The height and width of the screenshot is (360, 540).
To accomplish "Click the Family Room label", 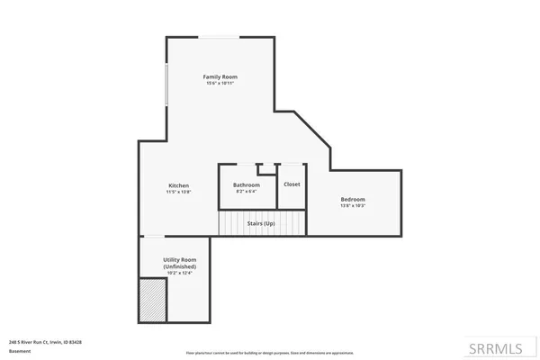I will pyautogui.click(x=220, y=76).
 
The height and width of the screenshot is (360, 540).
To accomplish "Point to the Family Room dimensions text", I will pyautogui.click(x=220, y=84).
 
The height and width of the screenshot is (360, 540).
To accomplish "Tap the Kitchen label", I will pyautogui.click(x=178, y=184).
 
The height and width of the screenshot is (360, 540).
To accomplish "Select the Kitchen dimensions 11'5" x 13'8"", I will pyautogui.click(x=178, y=192).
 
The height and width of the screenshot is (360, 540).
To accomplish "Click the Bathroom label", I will pyautogui.click(x=247, y=184).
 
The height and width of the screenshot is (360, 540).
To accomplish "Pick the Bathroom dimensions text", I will pyautogui.click(x=247, y=192).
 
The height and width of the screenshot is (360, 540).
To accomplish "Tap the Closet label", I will pyautogui.click(x=292, y=184).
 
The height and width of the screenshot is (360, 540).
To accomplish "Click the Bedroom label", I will pyautogui.click(x=353, y=199).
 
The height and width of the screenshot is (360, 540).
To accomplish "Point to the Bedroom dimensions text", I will pyautogui.click(x=353, y=206).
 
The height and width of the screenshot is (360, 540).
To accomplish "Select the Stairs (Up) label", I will pyautogui.click(x=261, y=222).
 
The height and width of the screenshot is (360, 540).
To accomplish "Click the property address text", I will pyautogui.click(x=45, y=342).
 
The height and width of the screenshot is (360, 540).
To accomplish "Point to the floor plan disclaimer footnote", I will pyautogui.click(x=270, y=353).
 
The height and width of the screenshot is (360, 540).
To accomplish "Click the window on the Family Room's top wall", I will pyautogui.click(x=219, y=37).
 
